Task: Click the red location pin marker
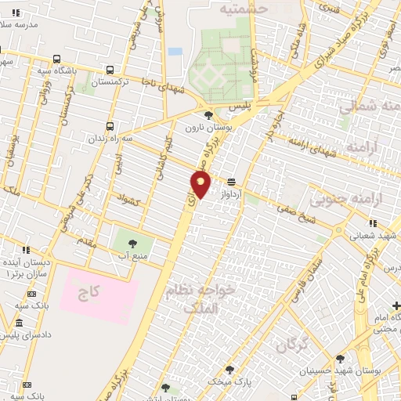click(x=200, y=184)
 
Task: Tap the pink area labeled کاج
click(x=88, y=294)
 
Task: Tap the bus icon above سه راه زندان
click(x=110, y=126)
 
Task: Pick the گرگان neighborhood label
click(x=287, y=341)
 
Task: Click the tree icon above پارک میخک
click(x=229, y=368)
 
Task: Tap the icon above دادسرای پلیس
click(x=18, y=323)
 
